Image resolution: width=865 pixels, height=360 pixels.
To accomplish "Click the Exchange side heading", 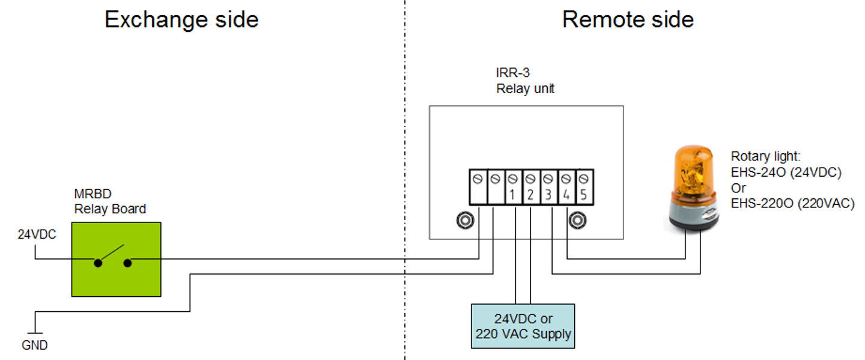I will click(x=181, y=19).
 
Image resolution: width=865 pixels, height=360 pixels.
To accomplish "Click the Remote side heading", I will click(x=628, y=19).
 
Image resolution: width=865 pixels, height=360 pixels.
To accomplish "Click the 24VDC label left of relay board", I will click(x=37, y=235).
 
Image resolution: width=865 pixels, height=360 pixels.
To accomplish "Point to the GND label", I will click(x=34, y=346).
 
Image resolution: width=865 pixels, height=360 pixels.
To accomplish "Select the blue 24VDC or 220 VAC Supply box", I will click(x=523, y=326).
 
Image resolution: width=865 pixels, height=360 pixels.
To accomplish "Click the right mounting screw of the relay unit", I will click(x=578, y=221).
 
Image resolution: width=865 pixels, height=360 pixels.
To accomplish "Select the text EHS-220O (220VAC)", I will click(x=792, y=203).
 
